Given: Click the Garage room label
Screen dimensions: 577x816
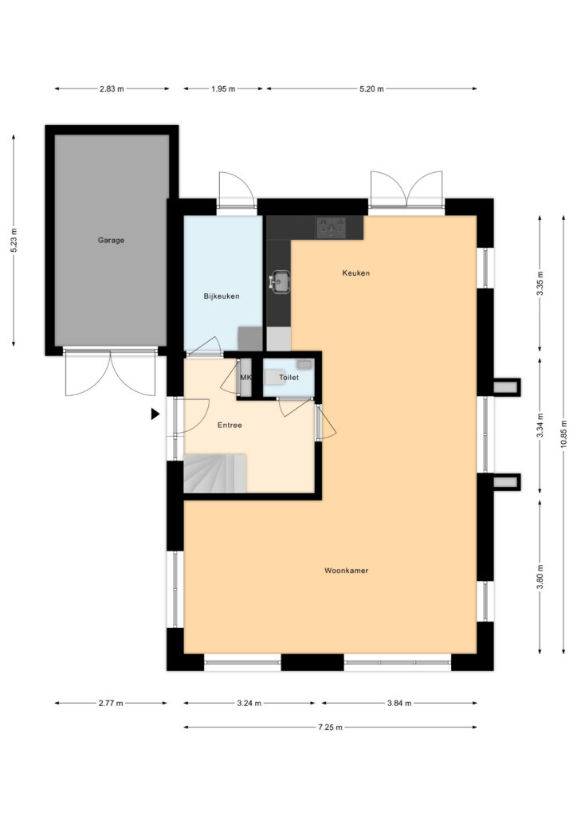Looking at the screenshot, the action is click(111, 240).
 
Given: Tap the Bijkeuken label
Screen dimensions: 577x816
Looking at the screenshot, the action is click(221, 296).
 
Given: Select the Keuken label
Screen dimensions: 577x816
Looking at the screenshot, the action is click(356, 273).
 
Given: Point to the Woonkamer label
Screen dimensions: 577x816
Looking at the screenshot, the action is click(346, 571).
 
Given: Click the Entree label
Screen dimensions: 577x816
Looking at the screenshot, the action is click(230, 426).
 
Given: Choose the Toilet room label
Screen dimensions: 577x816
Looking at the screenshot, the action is click(288, 377).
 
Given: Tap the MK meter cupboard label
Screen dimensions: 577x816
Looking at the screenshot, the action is click(245, 377).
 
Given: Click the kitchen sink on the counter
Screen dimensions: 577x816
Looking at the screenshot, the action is click(280, 282).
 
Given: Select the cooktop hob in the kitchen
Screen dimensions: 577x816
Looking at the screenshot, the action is click(331, 228).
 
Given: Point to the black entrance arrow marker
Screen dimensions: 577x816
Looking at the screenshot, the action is click(155, 414).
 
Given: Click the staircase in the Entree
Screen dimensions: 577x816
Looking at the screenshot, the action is click(214, 473).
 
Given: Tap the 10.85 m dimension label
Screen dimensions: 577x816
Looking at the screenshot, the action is click(564, 434).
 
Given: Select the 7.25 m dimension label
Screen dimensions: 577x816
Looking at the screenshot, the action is click(331, 728).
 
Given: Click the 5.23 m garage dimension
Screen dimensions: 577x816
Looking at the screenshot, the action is click(14, 241).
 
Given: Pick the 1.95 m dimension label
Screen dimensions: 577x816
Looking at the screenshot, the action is click(223, 89).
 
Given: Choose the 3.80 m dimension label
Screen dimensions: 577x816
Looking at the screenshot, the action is click(540, 577).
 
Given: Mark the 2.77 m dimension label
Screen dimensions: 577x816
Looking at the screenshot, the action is click(111, 704).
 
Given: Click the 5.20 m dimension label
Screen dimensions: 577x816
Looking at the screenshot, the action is click(371, 89).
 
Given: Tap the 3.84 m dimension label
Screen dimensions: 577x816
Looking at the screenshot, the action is click(399, 704).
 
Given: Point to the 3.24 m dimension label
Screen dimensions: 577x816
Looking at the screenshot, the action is click(249, 704).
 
